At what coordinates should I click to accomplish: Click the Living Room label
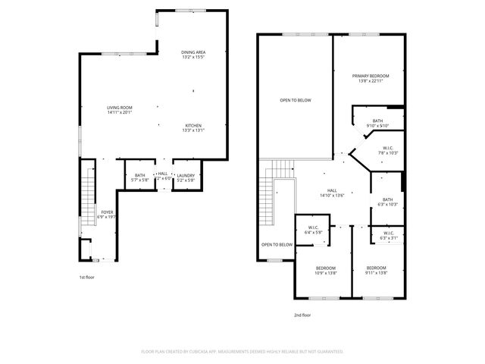coord(120,111)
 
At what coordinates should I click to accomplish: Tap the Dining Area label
coord(194,54)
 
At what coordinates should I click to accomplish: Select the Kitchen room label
coord(194,127)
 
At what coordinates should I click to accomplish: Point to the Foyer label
coord(105,214)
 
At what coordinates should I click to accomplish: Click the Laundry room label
coord(186,177)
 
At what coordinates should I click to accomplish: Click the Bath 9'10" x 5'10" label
coord(377,123)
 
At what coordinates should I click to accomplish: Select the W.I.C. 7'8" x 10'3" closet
coord(387,150)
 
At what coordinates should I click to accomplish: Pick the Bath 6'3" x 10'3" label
coord(387,202)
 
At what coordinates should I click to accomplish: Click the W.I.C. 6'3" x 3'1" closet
coord(387,235)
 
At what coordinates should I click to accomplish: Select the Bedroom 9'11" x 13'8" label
coord(377,270)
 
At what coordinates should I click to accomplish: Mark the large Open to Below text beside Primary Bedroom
coord(295,100)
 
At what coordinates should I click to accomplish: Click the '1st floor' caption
coord(87,278)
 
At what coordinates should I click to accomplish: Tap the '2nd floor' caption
coord(302,315)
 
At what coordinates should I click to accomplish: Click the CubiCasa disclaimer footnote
coord(242,352)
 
